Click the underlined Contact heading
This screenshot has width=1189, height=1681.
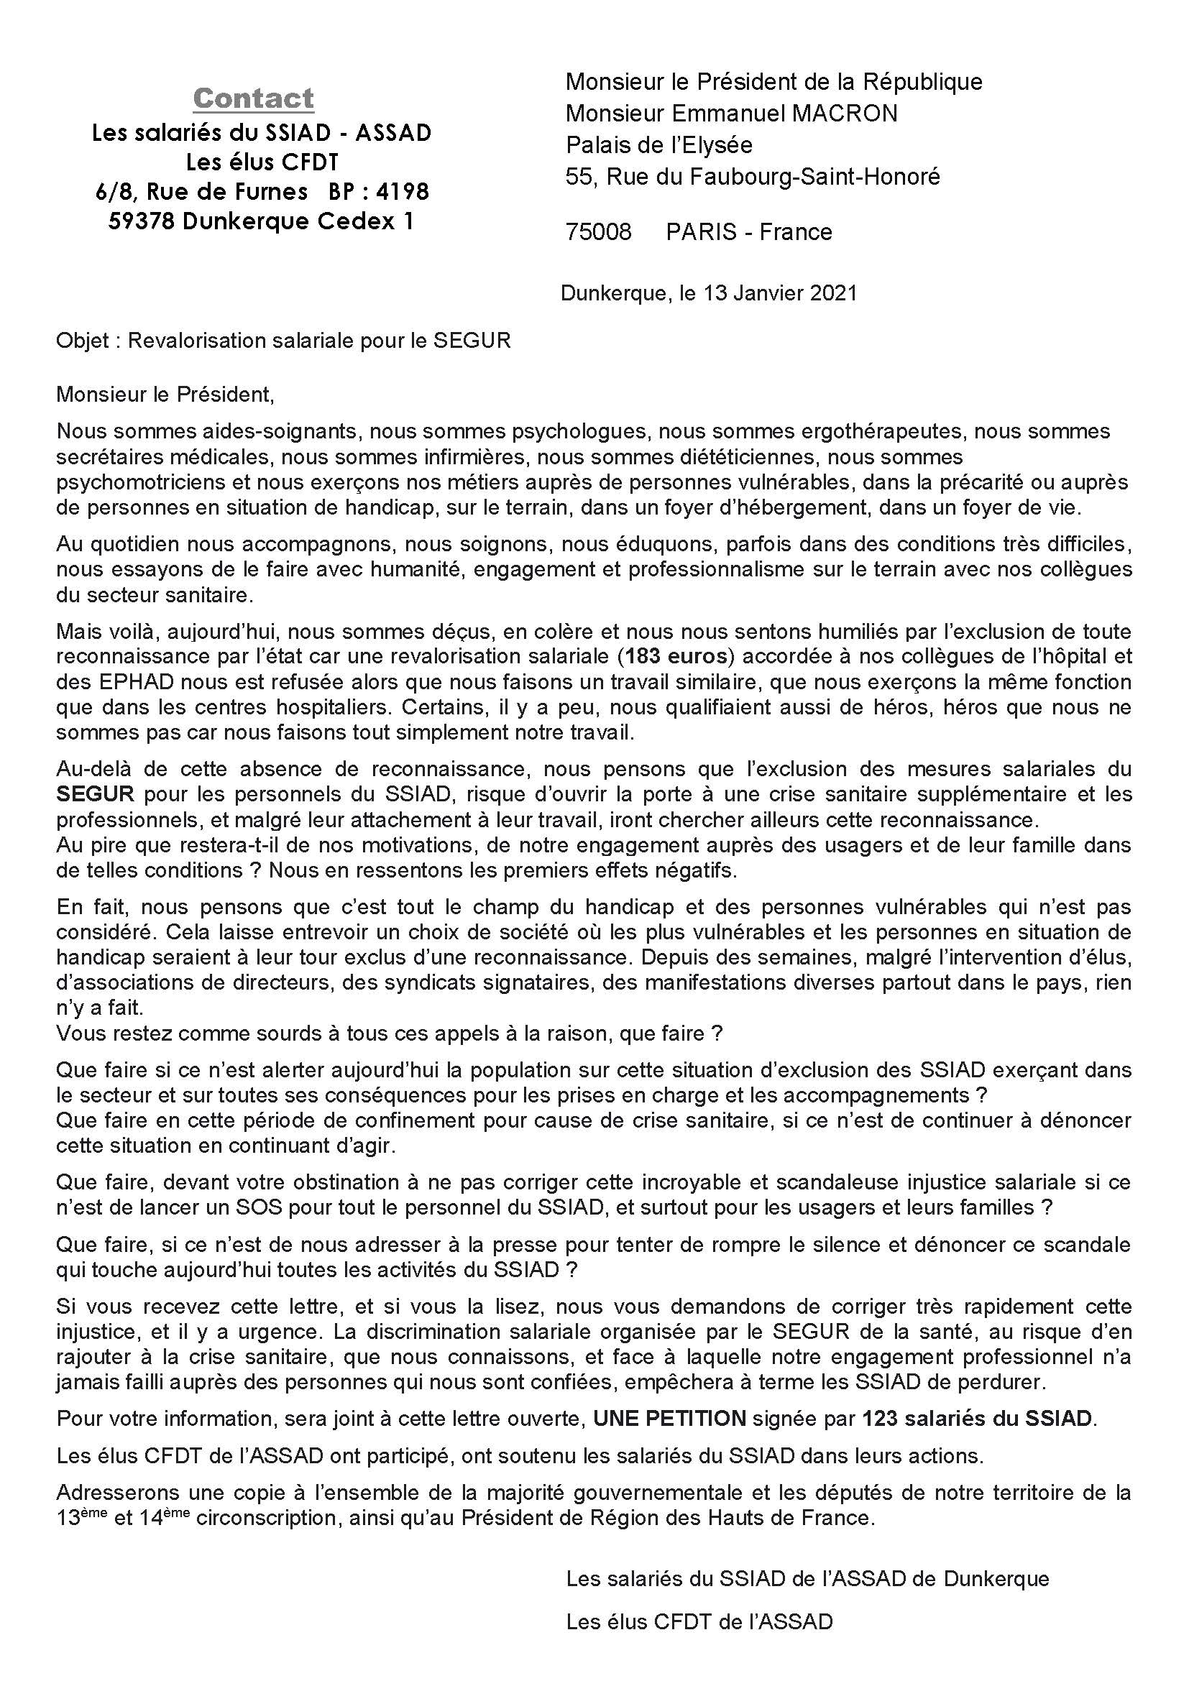(x=253, y=98)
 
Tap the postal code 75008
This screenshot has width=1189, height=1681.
(x=598, y=232)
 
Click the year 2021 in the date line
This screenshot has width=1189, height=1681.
(x=834, y=294)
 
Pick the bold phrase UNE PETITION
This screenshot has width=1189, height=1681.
(x=669, y=1419)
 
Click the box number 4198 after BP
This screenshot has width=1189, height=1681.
(x=402, y=192)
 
